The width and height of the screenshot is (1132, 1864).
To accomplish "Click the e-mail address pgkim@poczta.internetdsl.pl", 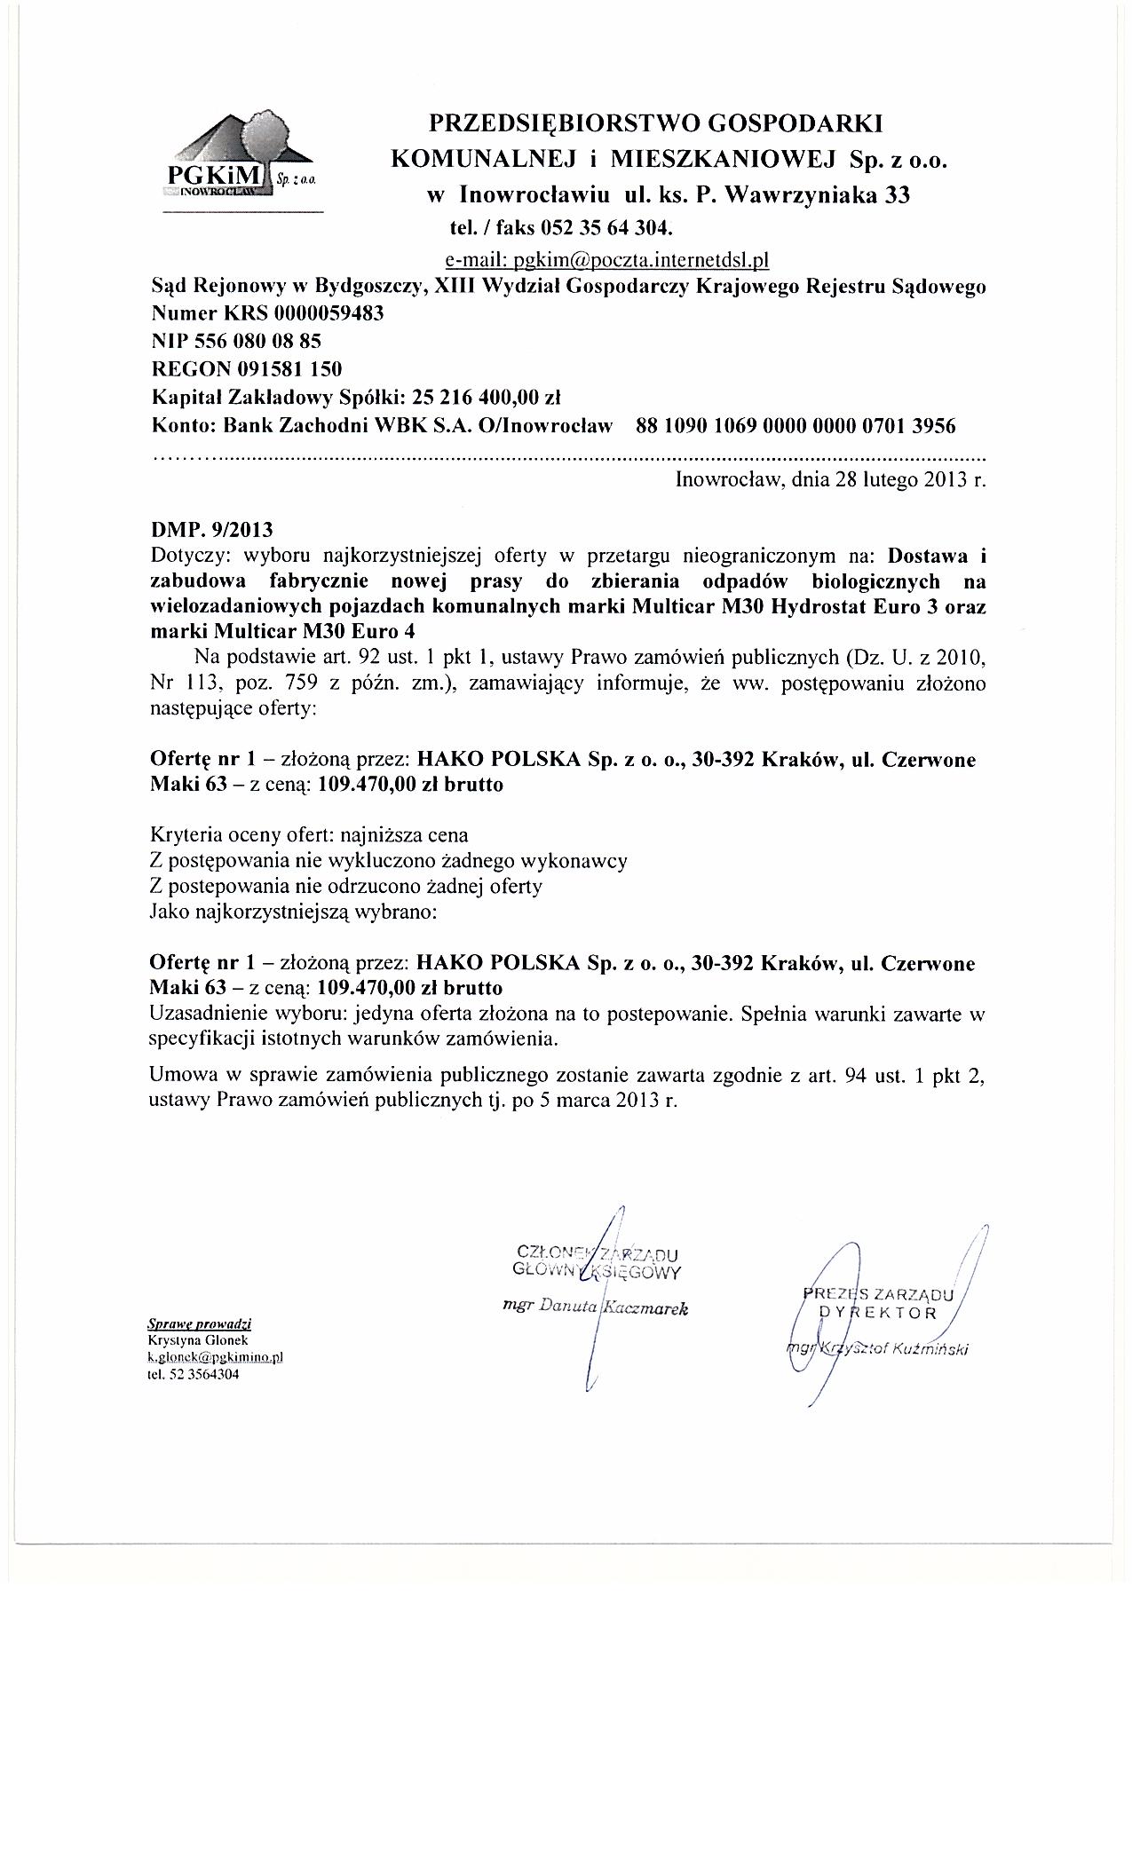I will tap(606, 260).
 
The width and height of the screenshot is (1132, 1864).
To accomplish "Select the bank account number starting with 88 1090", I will tap(796, 425).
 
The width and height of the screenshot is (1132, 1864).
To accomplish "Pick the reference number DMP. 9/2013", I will tap(212, 530).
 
